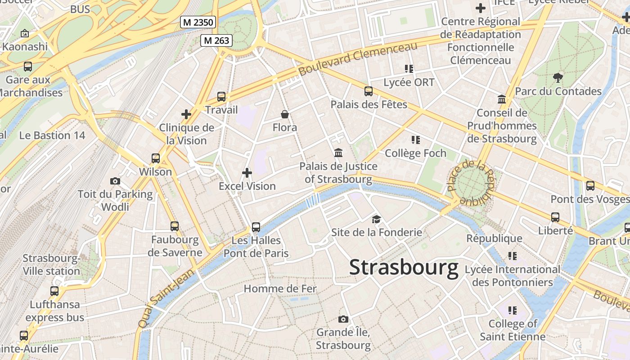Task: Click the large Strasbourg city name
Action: tap(404, 267)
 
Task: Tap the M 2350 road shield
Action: tap(198, 22)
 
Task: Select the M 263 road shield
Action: tap(216, 40)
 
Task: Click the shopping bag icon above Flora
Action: tap(285, 114)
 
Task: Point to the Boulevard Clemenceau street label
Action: tap(358, 58)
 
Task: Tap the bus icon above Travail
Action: tap(221, 96)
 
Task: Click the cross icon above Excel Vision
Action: tap(247, 173)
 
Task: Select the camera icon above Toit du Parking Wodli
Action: tap(115, 181)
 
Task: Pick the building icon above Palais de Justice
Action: tap(338, 153)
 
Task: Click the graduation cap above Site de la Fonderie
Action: tap(376, 219)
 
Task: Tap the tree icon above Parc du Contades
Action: tap(558, 78)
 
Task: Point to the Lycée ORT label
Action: tap(409, 82)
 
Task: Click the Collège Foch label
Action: tap(415, 153)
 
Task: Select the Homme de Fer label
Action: tap(280, 289)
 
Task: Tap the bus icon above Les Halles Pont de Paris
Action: tap(256, 227)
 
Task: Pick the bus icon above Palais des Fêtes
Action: tap(369, 91)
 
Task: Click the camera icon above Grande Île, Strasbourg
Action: tap(343, 319)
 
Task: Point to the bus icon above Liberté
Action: tap(555, 217)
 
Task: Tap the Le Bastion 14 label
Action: tap(52, 135)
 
